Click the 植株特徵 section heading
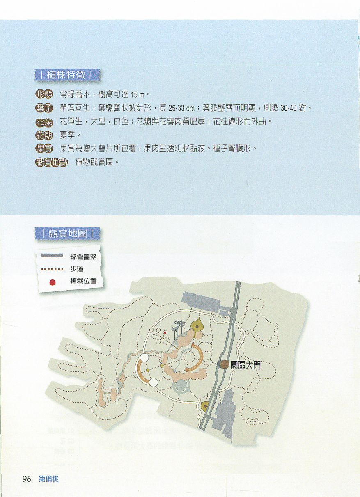coord(66,75)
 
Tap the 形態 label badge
coord(44,95)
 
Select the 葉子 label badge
coord(44,108)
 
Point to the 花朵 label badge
coord(44,121)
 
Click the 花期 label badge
coord(44,135)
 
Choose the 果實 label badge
coord(44,149)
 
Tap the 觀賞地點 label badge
coord(52,162)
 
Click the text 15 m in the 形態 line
coord(138,95)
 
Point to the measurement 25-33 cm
coord(181,108)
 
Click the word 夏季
coord(67,135)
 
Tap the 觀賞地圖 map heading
coord(67,234)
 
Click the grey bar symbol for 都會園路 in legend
coord(52,255)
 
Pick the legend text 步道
coord(77,269)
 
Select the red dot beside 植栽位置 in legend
coord(53,282)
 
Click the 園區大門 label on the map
coord(245,365)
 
